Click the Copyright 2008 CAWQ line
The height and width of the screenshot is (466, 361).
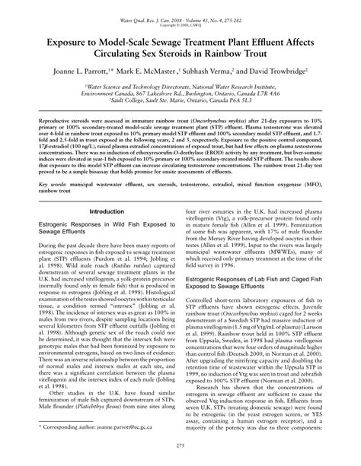180,14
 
